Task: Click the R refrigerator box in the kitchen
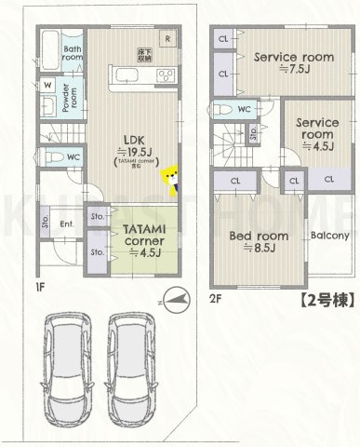pyautogui.click(x=166, y=39)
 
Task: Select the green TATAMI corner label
pyautogui.click(x=136, y=233)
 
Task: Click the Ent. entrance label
pyautogui.click(x=67, y=223)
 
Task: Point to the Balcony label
pyautogui.click(x=329, y=235)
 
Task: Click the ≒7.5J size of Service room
pyautogui.click(x=294, y=70)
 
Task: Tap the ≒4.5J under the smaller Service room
pyautogui.click(x=319, y=144)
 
